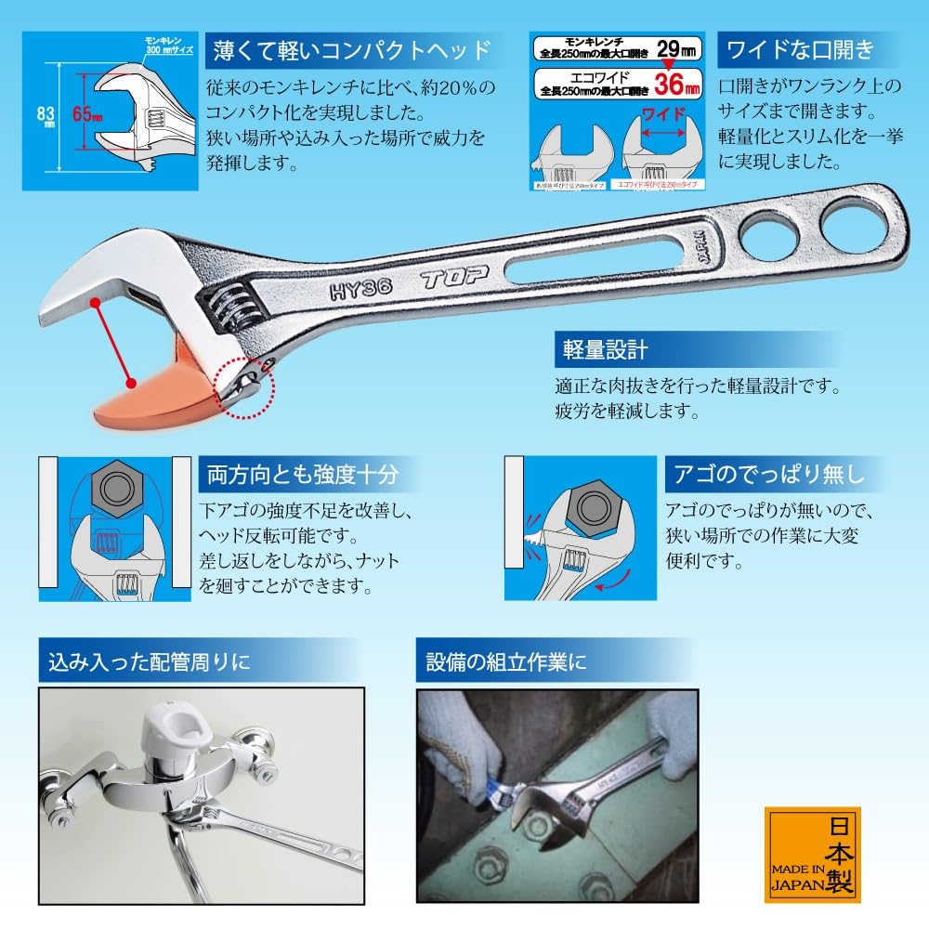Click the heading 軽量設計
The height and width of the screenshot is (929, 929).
coord(605,350)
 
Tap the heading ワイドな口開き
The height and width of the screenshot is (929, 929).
coord(800,47)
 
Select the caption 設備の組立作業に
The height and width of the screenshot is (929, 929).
coord(505,663)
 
